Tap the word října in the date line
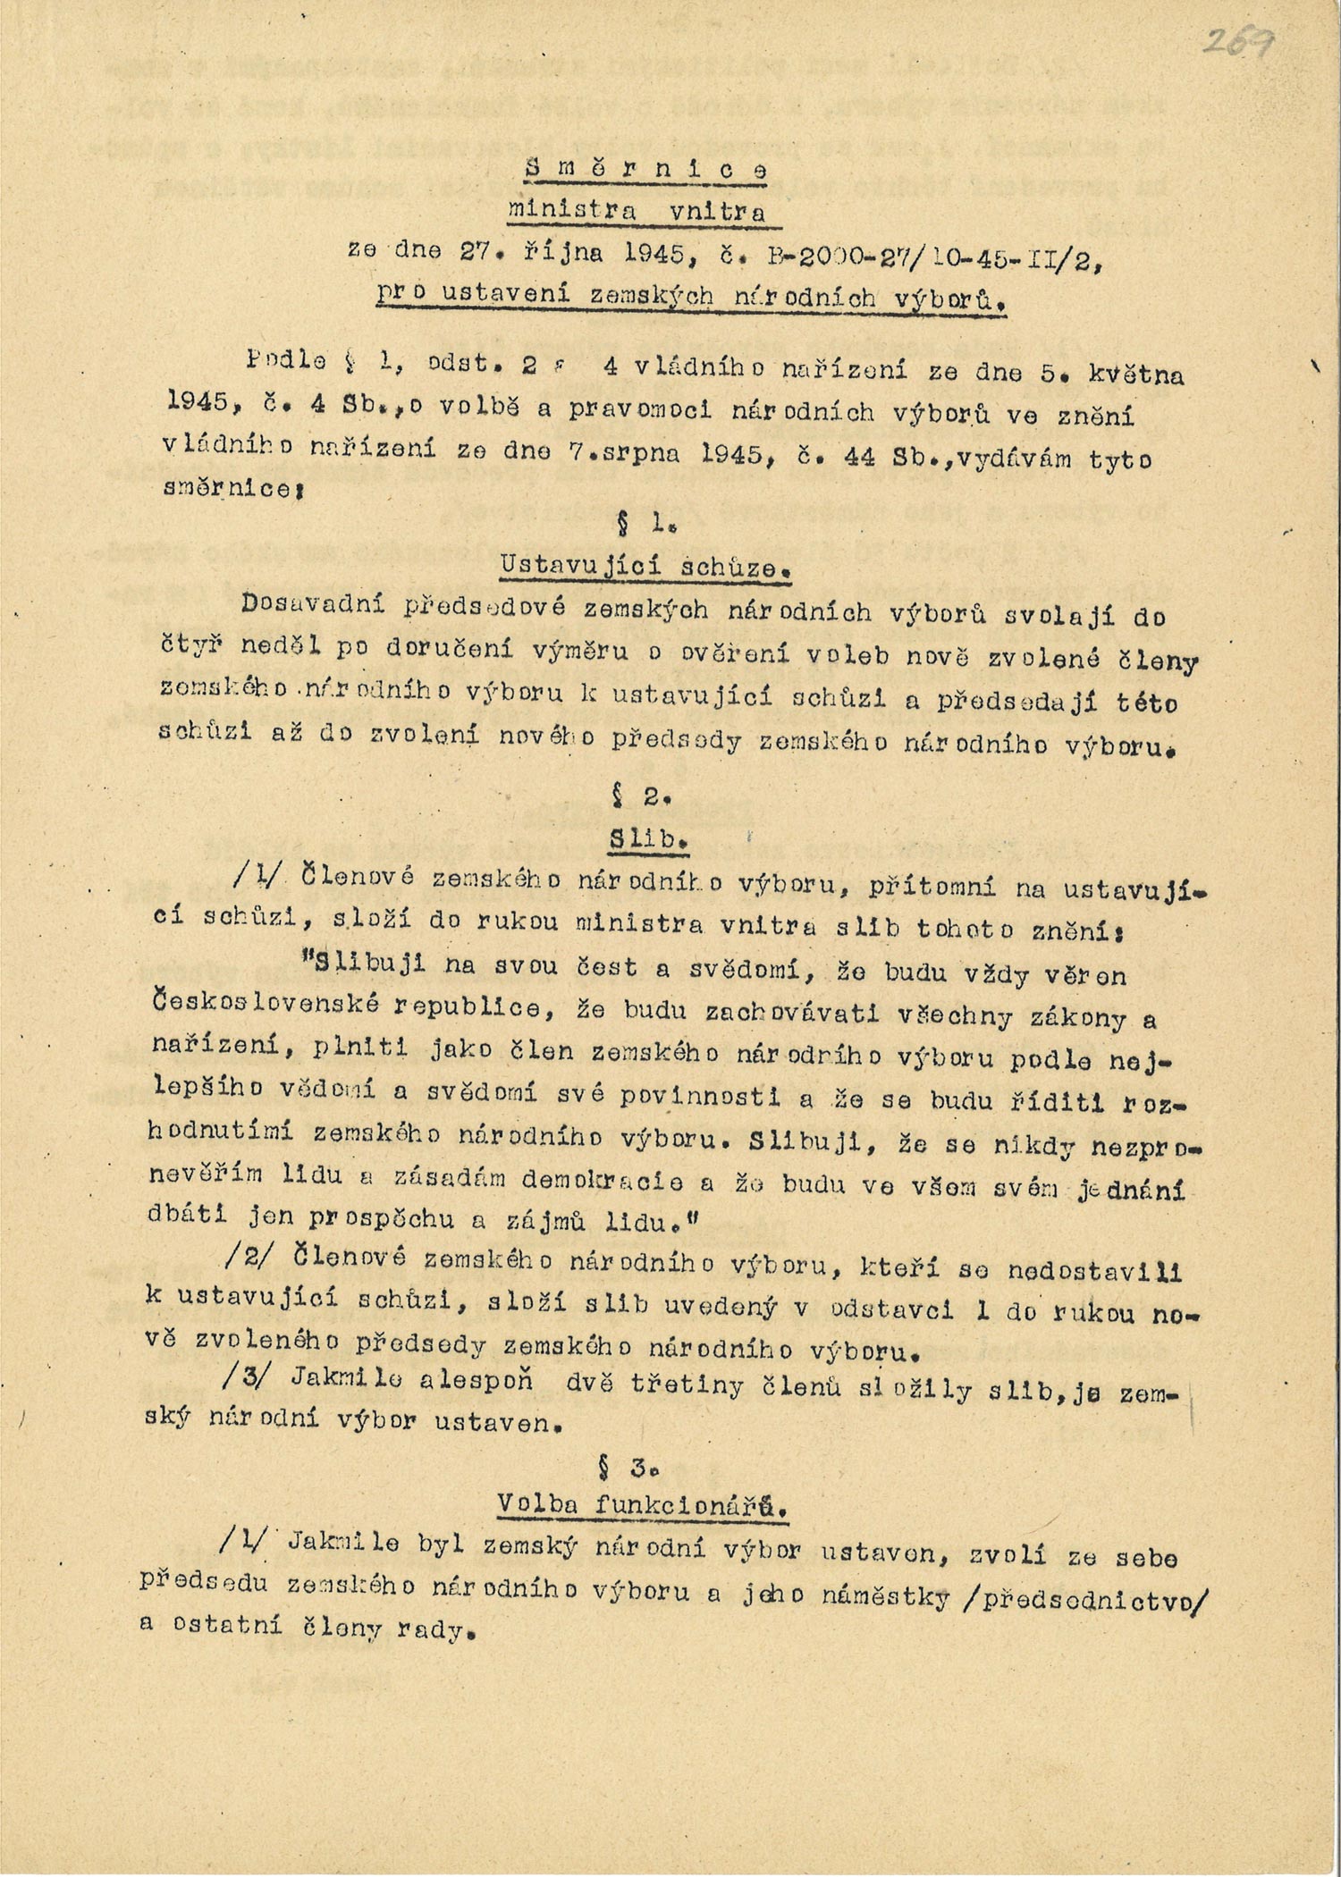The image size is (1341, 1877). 573,253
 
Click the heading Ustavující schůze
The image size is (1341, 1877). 648,565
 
